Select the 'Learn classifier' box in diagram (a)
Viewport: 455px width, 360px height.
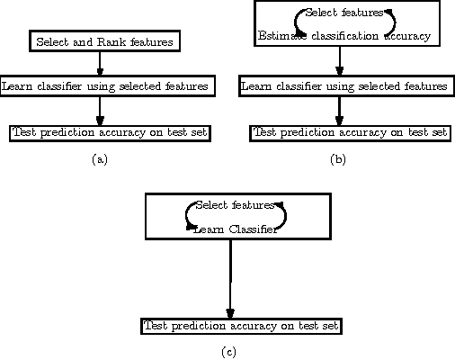[106, 86]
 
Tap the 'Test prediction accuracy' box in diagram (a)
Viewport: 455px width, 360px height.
[110, 132]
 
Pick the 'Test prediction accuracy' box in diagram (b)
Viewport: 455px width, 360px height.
[350, 132]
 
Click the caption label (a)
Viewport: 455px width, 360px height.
[100, 159]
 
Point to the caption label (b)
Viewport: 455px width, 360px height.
[338, 159]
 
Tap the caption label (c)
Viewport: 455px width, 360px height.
[228, 352]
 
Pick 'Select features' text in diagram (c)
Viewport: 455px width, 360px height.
[235, 205]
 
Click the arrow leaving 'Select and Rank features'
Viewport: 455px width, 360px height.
[99, 62]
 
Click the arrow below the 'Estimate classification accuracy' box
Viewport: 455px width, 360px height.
[340, 62]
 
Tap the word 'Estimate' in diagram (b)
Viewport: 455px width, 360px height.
[282, 36]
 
